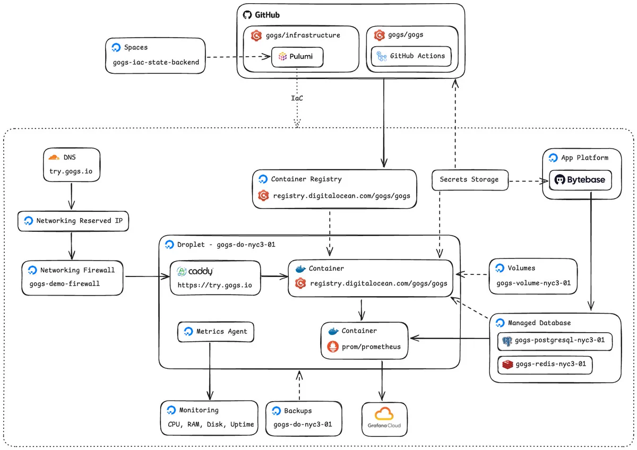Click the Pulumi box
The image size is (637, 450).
pos(297,57)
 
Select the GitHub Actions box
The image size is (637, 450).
pos(411,56)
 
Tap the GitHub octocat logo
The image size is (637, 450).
pos(247,15)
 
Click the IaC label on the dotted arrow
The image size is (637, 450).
pos(297,98)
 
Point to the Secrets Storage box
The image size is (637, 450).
pos(470,180)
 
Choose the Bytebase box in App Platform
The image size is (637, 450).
pos(580,180)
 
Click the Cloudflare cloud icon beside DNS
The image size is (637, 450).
pos(54,157)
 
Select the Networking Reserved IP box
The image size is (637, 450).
pos(73,221)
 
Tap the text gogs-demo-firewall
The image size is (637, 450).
pos(65,284)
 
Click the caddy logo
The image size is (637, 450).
pos(195,271)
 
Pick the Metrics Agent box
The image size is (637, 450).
pos(216,332)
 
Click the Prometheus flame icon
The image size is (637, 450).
pos(333,347)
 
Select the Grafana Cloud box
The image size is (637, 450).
pos(384,419)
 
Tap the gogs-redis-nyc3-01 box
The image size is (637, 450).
pos(545,365)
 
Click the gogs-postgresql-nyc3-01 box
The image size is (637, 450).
pos(555,341)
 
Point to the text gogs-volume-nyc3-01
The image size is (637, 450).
pos(533,283)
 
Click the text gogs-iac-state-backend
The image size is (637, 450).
pos(156,62)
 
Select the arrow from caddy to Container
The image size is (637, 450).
pos(274,276)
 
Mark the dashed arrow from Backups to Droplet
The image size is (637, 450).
pos(299,385)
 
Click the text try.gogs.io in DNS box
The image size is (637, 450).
pos(71,171)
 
